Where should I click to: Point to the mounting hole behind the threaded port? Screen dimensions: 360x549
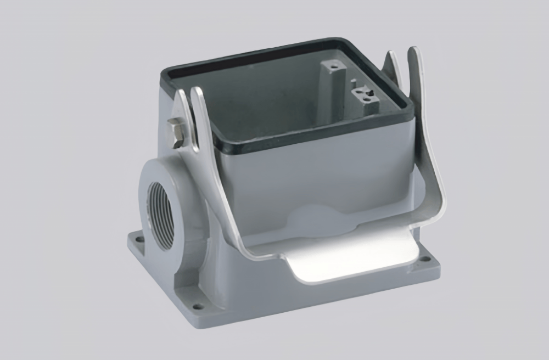click(x=137, y=239)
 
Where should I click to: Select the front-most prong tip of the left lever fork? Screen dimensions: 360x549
click(x=197, y=93)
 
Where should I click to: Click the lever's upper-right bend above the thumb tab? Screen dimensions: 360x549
click(x=434, y=209)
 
